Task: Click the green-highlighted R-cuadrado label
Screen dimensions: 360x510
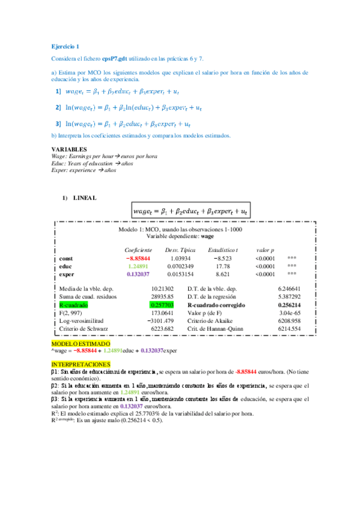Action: pyautogui.click(x=74, y=306)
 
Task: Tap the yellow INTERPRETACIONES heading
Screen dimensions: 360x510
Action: pyautogui.click(x=81, y=364)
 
